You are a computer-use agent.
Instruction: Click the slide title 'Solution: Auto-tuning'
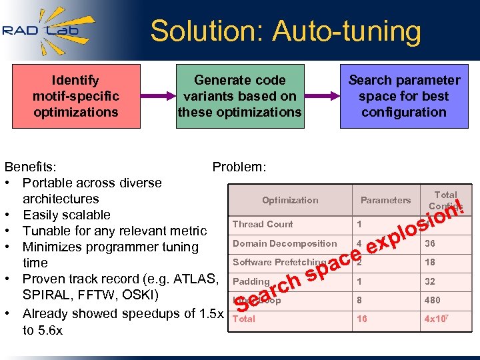[285, 31]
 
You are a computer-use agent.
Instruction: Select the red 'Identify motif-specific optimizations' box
[76, 96]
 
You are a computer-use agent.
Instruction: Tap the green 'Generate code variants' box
[239, 96]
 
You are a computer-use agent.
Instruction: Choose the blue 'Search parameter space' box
[404, 96]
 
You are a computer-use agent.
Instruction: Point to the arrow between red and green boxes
[157, 96]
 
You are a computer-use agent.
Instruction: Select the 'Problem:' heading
[239, 167]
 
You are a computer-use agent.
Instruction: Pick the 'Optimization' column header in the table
[290, 200]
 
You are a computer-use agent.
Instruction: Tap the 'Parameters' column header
[385, 200]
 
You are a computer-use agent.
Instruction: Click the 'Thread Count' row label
[263, 224]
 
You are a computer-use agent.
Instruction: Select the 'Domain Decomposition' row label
[285, 243]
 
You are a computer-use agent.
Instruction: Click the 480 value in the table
[432, 300]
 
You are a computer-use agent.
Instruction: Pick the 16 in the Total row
[362, 319]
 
